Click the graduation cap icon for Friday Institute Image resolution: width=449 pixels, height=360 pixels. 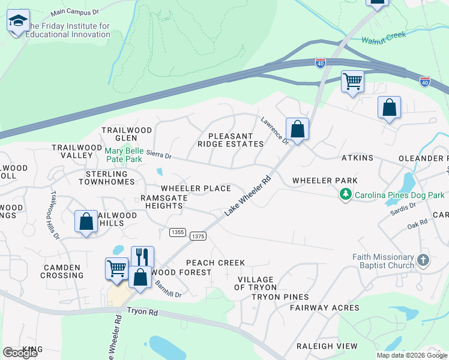pyautogui.click(x=18, y=21)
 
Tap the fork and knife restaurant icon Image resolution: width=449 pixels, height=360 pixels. pyautogui.click(x=142, y=257)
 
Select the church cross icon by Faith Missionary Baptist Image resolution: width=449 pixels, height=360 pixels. pyautogui.click(x=423, y=260)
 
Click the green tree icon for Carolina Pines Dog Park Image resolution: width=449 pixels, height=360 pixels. pyautogui.click(x=345, y=194)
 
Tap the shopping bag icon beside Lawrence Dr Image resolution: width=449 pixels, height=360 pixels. pyautogui.click(x=297, y=128)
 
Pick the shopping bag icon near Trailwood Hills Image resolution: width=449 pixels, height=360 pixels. pyautogui.click(x=86, y=221)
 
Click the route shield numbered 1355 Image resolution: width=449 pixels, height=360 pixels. pyautogui.click(x=177, y=232)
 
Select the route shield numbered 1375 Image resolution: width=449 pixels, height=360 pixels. pyautogui.click(x=198, y=236)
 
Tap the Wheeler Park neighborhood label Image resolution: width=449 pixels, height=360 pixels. pyautogui.click(x=324, y=181)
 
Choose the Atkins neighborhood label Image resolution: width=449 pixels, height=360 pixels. pyautogui.click(x=357, y=158)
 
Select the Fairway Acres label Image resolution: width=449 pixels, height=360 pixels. pyautogui.click(x=324, y=308)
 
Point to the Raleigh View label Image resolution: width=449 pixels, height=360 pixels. pyautogui.click(x=327, y=346)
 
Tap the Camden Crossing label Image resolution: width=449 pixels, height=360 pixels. pyautogui.click(x=62, y=271)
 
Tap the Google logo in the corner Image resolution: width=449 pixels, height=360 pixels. pyautogui.click(x=20, y=353)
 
